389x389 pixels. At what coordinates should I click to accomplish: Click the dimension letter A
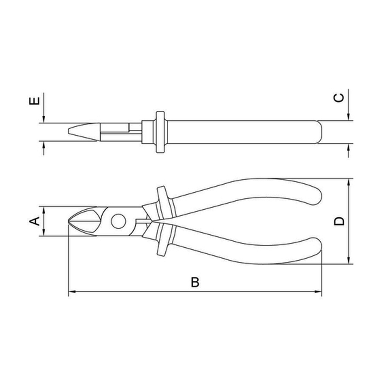(x=35, y=221)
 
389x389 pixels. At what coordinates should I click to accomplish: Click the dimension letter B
(x=195, y=282)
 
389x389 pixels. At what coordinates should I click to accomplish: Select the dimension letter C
(x=339, y=98)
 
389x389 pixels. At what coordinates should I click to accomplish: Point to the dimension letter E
(x=35, y=101)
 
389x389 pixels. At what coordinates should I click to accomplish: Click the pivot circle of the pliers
(x=119, y=221)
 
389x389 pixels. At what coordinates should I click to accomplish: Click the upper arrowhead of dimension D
(x=349, y=182)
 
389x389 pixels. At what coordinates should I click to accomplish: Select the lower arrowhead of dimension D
(x=349, y=260)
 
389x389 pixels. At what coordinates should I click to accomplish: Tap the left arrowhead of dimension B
(x=72, y=292)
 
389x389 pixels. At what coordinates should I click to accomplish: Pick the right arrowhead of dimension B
(x=318, y=292)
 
